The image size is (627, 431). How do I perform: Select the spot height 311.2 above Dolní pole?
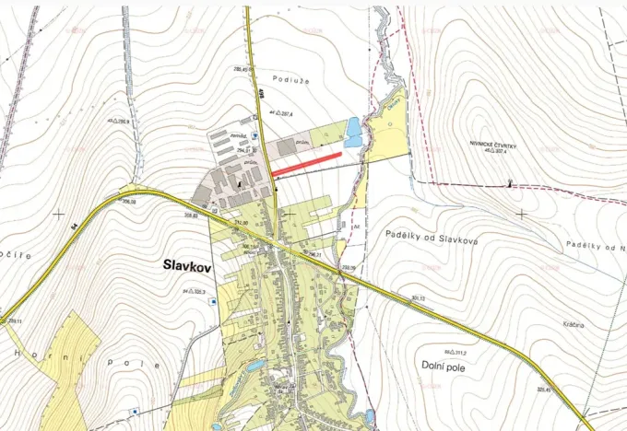[x=456, y=353]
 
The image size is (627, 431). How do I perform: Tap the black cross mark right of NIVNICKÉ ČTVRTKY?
[x=522, y=213]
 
